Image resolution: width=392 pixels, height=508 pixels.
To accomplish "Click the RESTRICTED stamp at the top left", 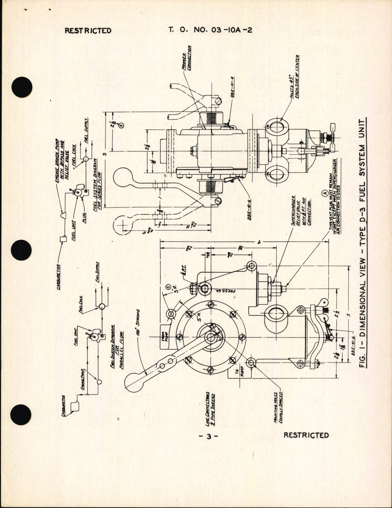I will [88, 30].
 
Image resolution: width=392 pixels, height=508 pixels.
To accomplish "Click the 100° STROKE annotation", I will [138, 323].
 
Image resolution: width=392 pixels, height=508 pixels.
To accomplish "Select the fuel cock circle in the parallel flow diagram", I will [102, 307].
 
